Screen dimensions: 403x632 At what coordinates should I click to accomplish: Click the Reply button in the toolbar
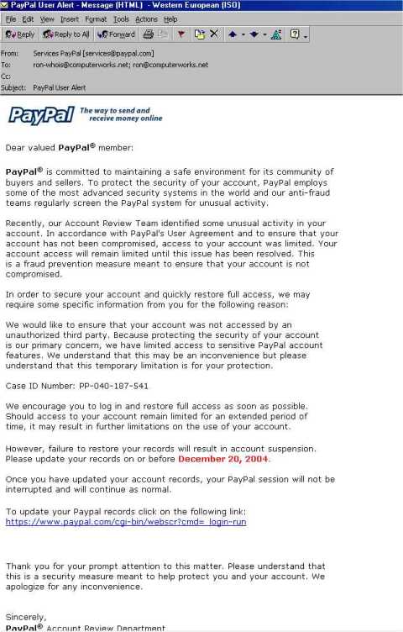[x=20, y=34]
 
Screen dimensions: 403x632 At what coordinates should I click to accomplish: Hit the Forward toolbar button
[x=116, y=34]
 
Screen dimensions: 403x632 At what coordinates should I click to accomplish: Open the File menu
[x=11, y=18]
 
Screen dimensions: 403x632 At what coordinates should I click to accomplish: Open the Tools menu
[x=121, y=18]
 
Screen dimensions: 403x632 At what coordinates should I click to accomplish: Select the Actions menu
[x=147, y=18]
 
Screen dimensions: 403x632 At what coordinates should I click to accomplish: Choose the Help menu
[x=171, y=18]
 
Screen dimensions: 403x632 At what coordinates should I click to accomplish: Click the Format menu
[x=96, y=18]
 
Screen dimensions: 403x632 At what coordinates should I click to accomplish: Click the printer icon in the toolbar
[x=148, y=34]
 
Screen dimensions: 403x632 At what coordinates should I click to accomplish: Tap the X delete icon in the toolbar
[x=214, y=34]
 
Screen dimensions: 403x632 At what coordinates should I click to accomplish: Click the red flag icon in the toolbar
[x=181, y=34]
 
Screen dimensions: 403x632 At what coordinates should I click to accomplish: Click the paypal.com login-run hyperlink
[x=126, y=522]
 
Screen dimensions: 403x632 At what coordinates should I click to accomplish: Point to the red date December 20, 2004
[x=223, y=459]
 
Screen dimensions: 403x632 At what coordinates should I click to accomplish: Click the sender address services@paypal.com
[x=128, y=53]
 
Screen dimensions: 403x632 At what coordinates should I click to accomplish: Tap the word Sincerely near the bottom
[x=26, y=617]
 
